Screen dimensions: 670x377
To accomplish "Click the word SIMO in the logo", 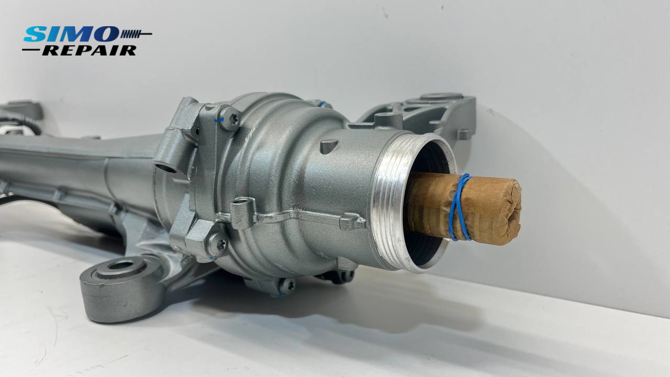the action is [71, 34].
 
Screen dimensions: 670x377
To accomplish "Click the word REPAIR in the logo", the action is [89, 50].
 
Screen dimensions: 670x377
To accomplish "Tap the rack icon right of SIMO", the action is [136, 34].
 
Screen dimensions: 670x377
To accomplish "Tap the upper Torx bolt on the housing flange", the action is [230, 119].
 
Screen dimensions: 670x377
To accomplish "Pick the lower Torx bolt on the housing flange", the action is [217, 244].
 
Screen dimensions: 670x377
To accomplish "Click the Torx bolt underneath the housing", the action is [287, 285].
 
